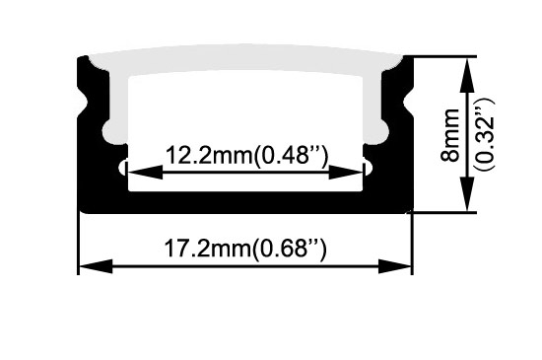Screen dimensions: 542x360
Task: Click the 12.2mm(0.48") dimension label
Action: coord(246,155)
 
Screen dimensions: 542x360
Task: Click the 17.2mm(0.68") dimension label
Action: coord(245,248)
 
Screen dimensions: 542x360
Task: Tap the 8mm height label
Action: coord(450,134)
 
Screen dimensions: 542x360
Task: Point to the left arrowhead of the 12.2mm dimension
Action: coord(145,172)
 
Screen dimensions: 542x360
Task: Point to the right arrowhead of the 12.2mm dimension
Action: coord(346,172)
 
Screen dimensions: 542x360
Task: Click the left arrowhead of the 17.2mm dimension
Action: coord(97,266)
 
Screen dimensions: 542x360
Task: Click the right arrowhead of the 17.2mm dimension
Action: coord(395,266)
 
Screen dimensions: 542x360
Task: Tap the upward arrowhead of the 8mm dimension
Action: coord(467,76)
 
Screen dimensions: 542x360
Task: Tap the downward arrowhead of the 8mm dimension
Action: coord(467,193)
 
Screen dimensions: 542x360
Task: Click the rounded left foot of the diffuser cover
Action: coord(114,131)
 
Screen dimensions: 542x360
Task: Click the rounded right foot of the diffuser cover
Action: coord(376,131)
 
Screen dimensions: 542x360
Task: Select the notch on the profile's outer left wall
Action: coord(82,102)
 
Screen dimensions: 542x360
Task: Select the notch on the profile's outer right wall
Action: coord(408,102)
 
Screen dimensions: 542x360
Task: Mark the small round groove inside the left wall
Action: coord(123,168)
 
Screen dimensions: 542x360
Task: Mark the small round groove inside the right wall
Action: coord(368,168)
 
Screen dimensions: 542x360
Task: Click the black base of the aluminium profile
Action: coord(245,202)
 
